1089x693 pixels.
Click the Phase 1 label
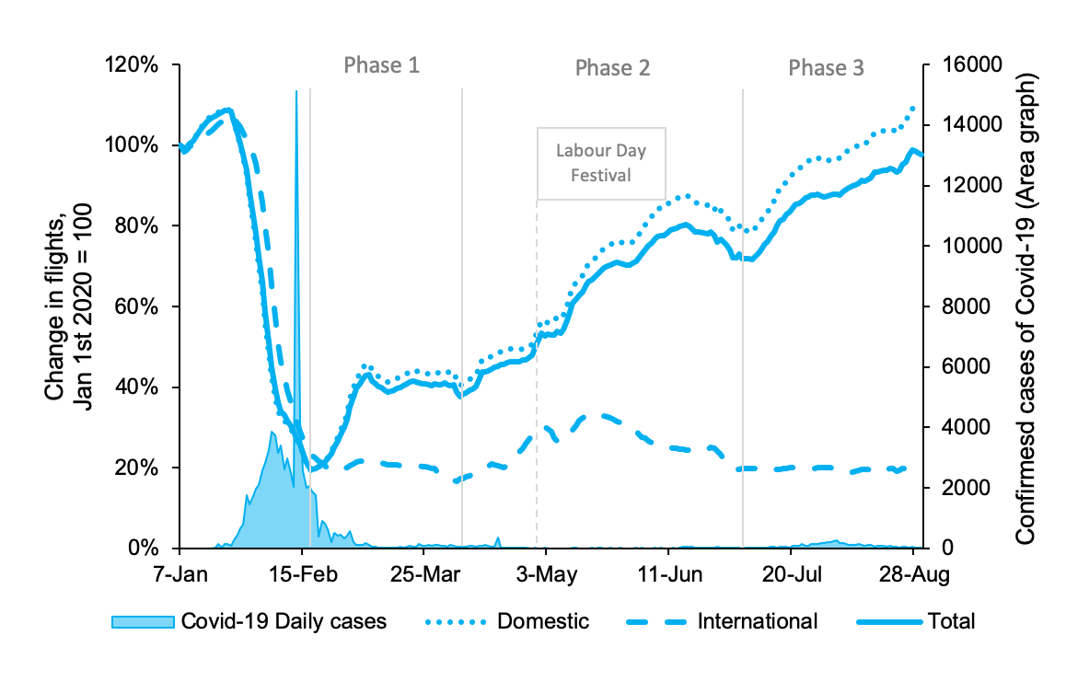pos(381,65)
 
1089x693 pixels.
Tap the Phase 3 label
pos(826,68)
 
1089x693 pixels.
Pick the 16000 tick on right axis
pos(963,65)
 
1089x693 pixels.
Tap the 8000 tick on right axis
pos(958,306)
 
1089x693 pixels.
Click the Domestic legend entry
pos(543,621)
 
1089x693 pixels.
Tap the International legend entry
pos(757,621)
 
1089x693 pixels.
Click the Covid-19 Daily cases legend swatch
pos(142,621)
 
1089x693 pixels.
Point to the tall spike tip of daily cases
pos(296,92)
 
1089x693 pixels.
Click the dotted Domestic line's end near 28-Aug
pos(913,108)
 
